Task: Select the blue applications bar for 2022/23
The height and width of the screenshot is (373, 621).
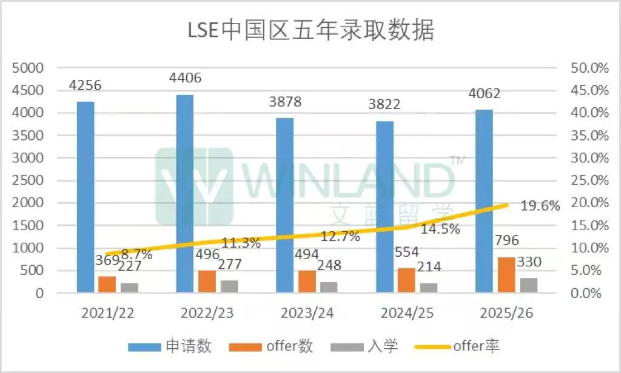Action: pos(185,194)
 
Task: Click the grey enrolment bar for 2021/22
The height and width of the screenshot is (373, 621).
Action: pos(130,288)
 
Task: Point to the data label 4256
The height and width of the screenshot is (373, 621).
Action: pos(85,85)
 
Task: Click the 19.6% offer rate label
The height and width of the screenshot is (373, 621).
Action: pos(540,206)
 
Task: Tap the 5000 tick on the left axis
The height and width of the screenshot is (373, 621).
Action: pos(29,68)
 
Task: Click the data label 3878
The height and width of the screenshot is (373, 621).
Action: pos(284,102)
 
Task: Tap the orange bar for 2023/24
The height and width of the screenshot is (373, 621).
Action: pos(307,282)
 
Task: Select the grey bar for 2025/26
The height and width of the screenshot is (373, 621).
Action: pos(529,285)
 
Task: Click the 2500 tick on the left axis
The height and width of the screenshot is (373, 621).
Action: pos(29,180)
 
